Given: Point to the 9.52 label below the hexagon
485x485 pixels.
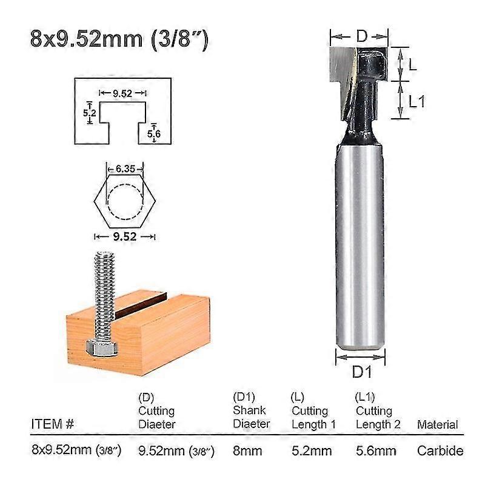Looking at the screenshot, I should point(125,237).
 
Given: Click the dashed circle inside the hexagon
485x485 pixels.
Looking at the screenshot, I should point(125,200).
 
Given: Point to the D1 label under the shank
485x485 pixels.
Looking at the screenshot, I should point(361,371).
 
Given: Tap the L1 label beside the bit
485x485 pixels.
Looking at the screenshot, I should point(416,101).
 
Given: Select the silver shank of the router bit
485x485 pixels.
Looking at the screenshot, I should point(360,242).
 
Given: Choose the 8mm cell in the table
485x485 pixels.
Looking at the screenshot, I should point(247,451).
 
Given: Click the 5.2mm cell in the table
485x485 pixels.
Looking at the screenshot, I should point(312,451).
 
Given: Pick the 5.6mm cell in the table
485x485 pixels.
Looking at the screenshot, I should point(376,451).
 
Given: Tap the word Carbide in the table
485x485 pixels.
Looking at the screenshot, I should point(440,451).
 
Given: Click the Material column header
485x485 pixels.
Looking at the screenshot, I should point(437,425).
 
